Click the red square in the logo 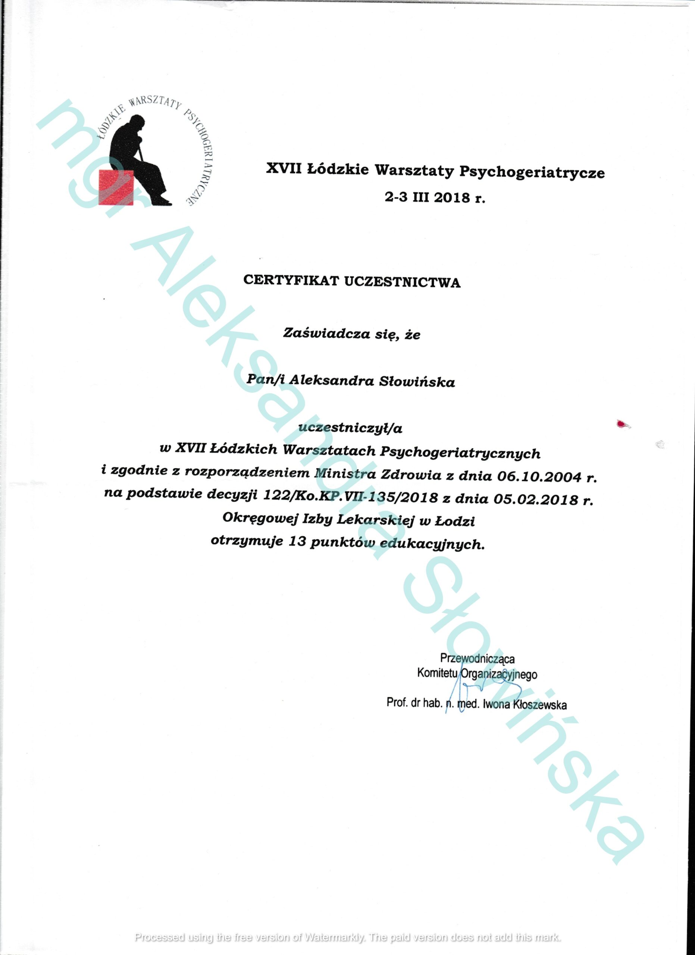tap(116, 187)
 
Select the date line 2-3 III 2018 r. tap(435, 197)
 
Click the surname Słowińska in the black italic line tap(417, 382)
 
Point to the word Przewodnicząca tap(477, 658)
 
